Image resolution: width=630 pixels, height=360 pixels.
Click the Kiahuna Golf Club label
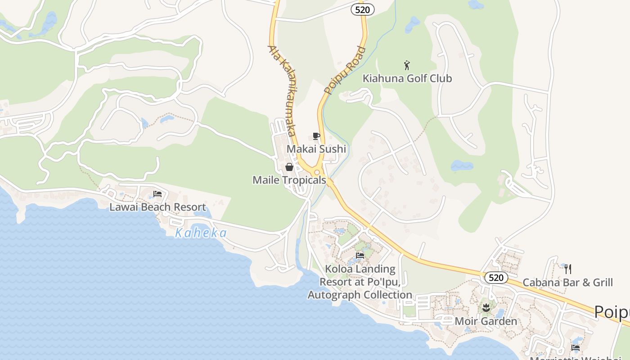click(x=407, y=78)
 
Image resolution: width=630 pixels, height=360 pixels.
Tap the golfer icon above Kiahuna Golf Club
click(x=407, y=65)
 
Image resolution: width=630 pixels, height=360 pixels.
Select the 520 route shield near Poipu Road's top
click(x=363, y=9)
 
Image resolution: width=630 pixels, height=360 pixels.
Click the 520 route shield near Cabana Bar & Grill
click(x=496, y=278)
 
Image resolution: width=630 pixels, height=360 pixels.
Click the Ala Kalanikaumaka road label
click(x=283, y=90)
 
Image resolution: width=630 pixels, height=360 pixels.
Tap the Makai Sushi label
click(x=316, y=149)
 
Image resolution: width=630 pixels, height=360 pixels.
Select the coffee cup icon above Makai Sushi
click(x=316, y=136)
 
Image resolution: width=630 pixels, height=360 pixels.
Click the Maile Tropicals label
click(x=289, y=180)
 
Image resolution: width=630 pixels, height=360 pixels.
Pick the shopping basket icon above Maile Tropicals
click(x=289, y=167)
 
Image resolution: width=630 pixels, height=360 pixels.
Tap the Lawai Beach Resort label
click(x=157, y=207)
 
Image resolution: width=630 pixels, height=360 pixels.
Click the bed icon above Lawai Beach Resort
click(x=157, y=194)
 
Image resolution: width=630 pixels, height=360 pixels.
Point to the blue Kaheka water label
click(x=201, y=233)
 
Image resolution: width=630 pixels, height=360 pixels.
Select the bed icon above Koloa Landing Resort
click(x=360, y=256)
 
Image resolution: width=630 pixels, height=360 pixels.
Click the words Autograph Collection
click(x=360, y=295)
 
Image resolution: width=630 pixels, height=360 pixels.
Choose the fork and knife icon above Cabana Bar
click(x=568, y=269)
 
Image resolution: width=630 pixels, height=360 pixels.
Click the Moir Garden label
click(x=486, y=321)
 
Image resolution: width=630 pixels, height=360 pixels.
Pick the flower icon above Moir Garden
click(x=486, y=308)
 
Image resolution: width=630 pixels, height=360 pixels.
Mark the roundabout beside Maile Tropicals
click(x=317, y=172)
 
